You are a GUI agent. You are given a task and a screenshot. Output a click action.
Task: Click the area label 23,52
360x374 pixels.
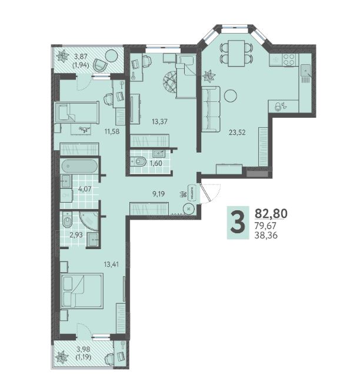[237, 132]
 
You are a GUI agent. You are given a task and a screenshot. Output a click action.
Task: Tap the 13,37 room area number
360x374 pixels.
[159, 122]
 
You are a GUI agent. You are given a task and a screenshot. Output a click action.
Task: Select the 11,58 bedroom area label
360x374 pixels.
[112, 131]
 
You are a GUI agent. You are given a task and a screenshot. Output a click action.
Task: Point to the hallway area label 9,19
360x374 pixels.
[158, 194]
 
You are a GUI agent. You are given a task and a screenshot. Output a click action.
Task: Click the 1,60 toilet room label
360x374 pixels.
[156, 163]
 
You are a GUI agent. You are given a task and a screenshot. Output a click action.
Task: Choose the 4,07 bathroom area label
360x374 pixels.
[85, 189]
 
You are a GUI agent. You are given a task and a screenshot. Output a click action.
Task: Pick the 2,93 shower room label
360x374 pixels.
[76, 235]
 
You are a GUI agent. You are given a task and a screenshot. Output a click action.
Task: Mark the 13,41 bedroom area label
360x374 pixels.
[111, 264]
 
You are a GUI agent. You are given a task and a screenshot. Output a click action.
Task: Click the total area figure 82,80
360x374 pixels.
[271, 213]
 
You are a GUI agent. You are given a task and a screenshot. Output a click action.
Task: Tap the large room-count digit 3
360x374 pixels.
[238, 223]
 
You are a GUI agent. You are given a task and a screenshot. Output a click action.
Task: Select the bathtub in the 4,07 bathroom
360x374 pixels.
[79, 166]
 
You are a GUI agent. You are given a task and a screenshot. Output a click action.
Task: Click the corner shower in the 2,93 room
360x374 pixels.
[89, 221]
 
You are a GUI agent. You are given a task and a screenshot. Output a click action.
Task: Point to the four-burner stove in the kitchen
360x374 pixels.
[289, 59]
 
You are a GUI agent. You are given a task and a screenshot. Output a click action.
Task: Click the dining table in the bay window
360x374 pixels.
[236, 53]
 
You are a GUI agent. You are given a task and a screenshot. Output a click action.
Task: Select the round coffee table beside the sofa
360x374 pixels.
[231, 96]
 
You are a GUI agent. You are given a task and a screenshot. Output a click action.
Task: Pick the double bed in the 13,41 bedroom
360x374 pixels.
[82, 291]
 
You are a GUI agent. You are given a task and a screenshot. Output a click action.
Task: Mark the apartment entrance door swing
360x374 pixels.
[211, 193]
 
